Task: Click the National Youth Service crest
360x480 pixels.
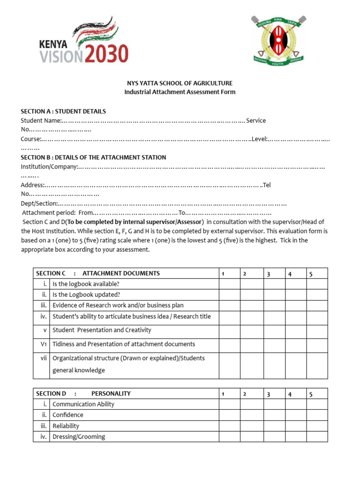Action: pos(278,40)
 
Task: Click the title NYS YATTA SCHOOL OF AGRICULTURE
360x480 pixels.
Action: pos(180,83)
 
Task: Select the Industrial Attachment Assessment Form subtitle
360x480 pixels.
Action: pos(180,92)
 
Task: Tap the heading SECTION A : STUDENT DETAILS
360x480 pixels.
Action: pos(63,111)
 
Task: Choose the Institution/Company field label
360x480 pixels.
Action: pos(49,166)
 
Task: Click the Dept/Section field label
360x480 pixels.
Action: pos(39,203)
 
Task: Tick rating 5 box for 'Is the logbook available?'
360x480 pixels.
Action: pos(317,284)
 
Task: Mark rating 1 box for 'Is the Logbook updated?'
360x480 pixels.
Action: pos(230,295)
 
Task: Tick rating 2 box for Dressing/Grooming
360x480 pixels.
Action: pos(251,437)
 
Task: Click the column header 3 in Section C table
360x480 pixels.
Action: pos(269,274)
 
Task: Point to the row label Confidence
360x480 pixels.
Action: pos(67,415)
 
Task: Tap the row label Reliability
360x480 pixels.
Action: pos(66,426)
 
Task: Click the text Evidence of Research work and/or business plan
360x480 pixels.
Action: pos(118,305)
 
